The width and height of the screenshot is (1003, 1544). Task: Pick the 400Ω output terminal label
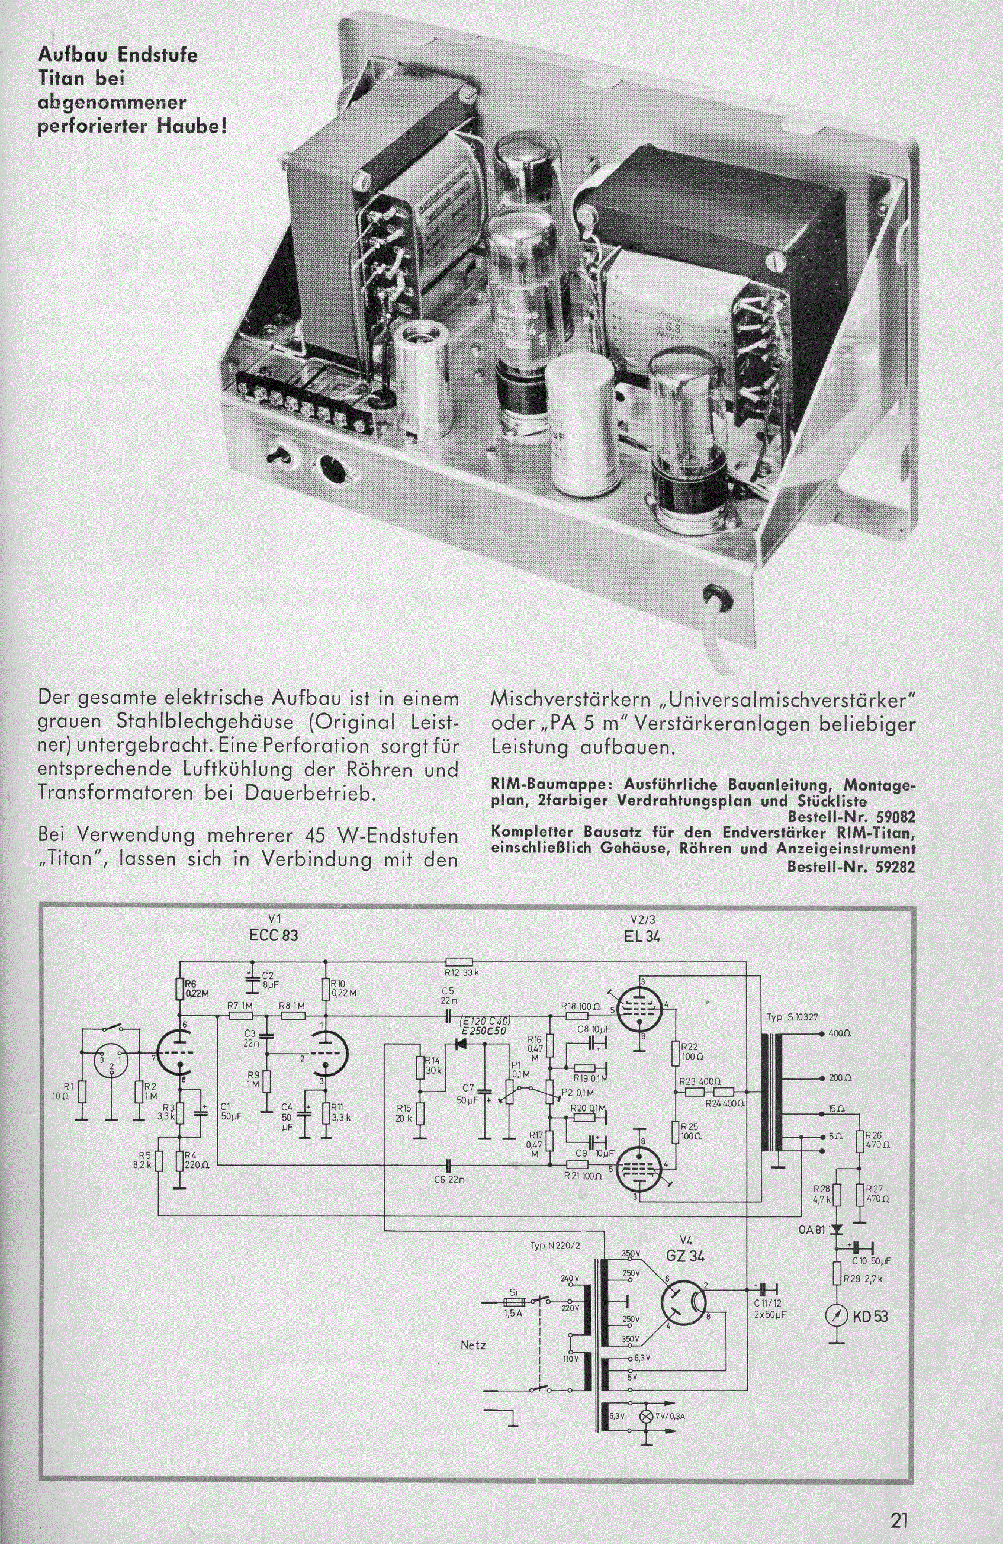[x=843, y=1032]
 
